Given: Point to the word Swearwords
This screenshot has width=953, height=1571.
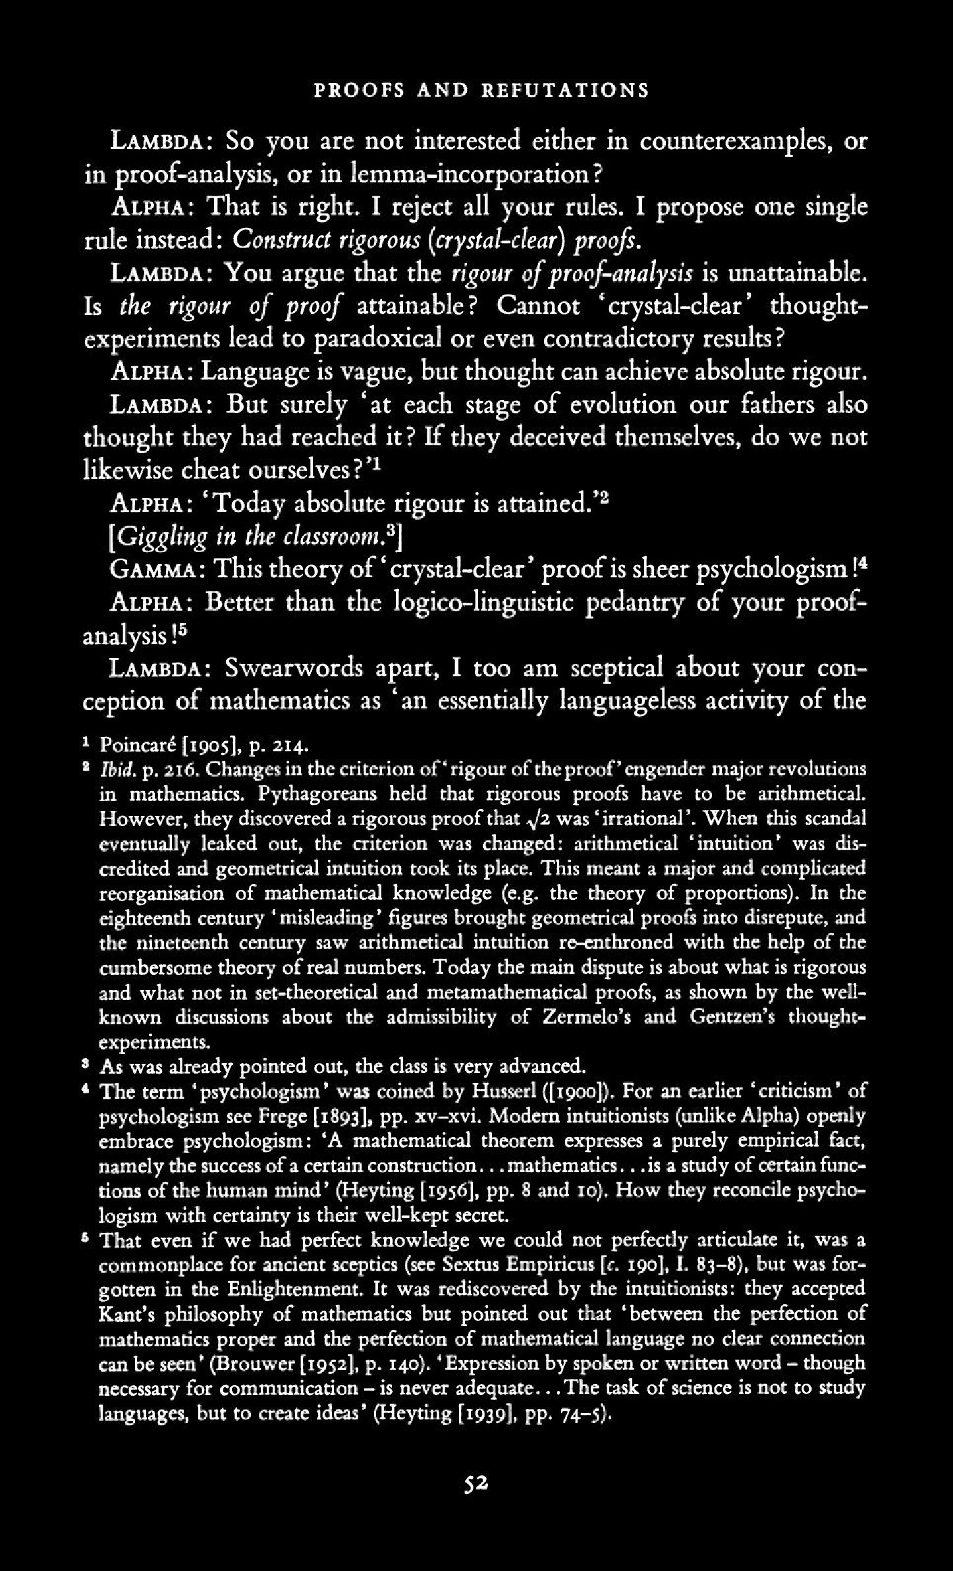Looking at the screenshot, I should (x=294, y=669).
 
